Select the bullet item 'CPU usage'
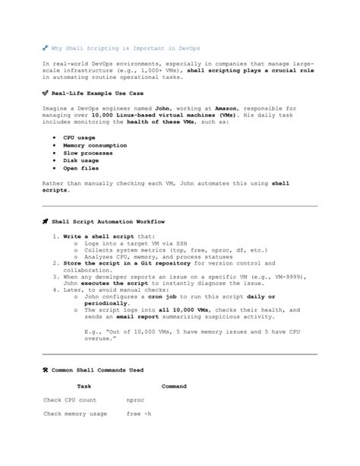click(79, 138)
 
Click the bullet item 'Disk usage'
click(81, 160)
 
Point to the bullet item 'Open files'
click(81, 168)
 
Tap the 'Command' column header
click(174, 386)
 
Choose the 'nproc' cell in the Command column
click(136, 399)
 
